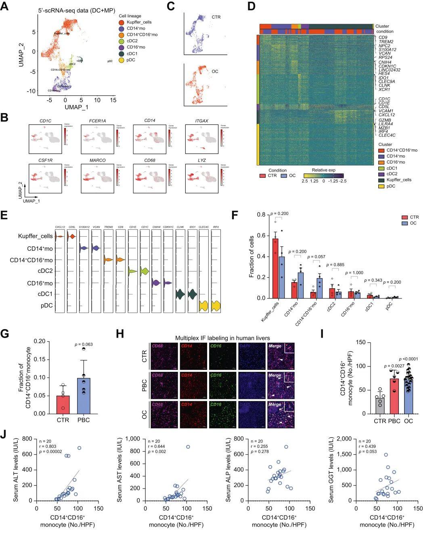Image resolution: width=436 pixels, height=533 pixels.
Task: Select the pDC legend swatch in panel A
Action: (122, 60)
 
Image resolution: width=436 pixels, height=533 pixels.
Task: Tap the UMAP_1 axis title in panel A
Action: (76, 108)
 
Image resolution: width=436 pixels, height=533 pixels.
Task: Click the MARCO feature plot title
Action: (98, 160)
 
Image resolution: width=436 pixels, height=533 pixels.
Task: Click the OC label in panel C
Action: (215, 71)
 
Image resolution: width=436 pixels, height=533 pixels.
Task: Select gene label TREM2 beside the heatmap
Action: (386, 42)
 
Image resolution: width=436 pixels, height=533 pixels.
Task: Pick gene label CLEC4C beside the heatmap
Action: (387, 135)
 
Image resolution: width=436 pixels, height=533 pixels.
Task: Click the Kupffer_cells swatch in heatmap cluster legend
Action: (381, 180)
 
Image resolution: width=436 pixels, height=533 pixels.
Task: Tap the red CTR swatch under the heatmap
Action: (263, 176)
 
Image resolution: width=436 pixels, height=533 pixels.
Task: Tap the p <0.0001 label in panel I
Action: (411, 359)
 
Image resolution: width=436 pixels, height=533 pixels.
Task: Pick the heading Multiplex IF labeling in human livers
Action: (222, 338)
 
